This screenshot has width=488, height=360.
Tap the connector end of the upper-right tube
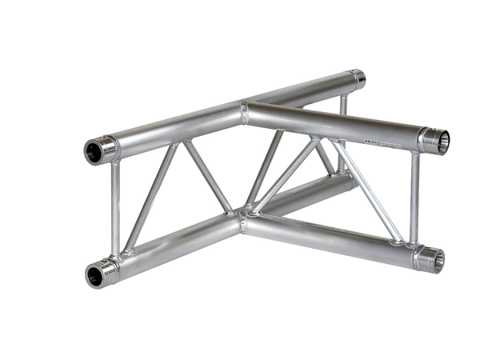click(438, 141)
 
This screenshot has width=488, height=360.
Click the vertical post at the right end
click(414, 196)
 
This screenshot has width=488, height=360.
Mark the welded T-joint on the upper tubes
click(244, 111)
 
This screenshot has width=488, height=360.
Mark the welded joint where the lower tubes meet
click(242, 216)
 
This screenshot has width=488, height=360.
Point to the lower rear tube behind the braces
click(312, 192)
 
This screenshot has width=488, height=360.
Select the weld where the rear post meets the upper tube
click(343, 96)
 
